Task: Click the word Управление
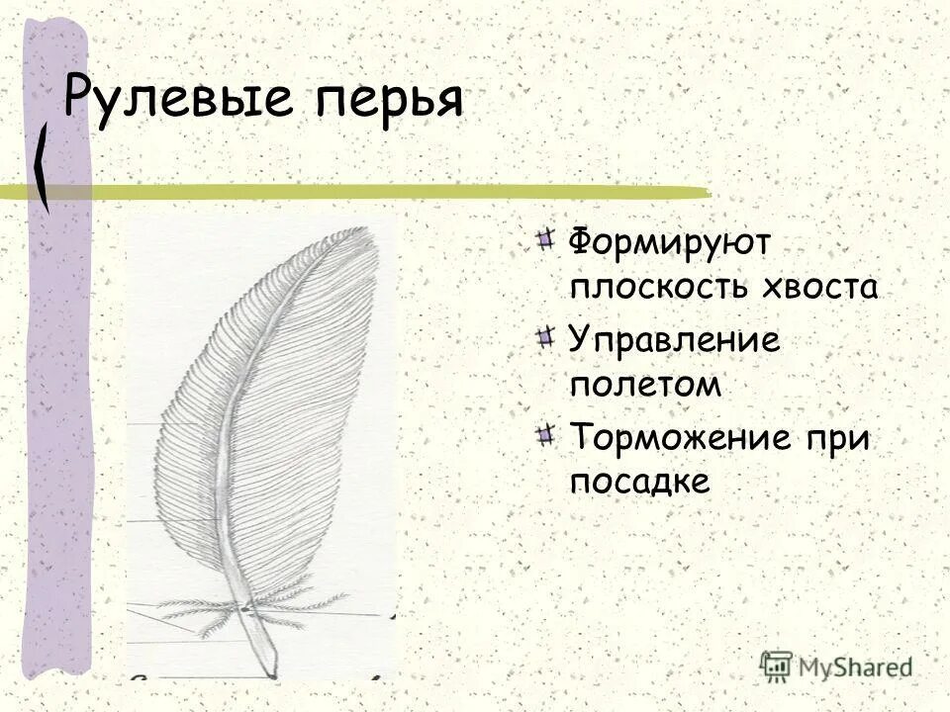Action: [x=674, y=341]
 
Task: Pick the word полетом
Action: [x=643, y=386]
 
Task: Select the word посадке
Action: [x=640, y=482]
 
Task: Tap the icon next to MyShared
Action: [x=778, y=665]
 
